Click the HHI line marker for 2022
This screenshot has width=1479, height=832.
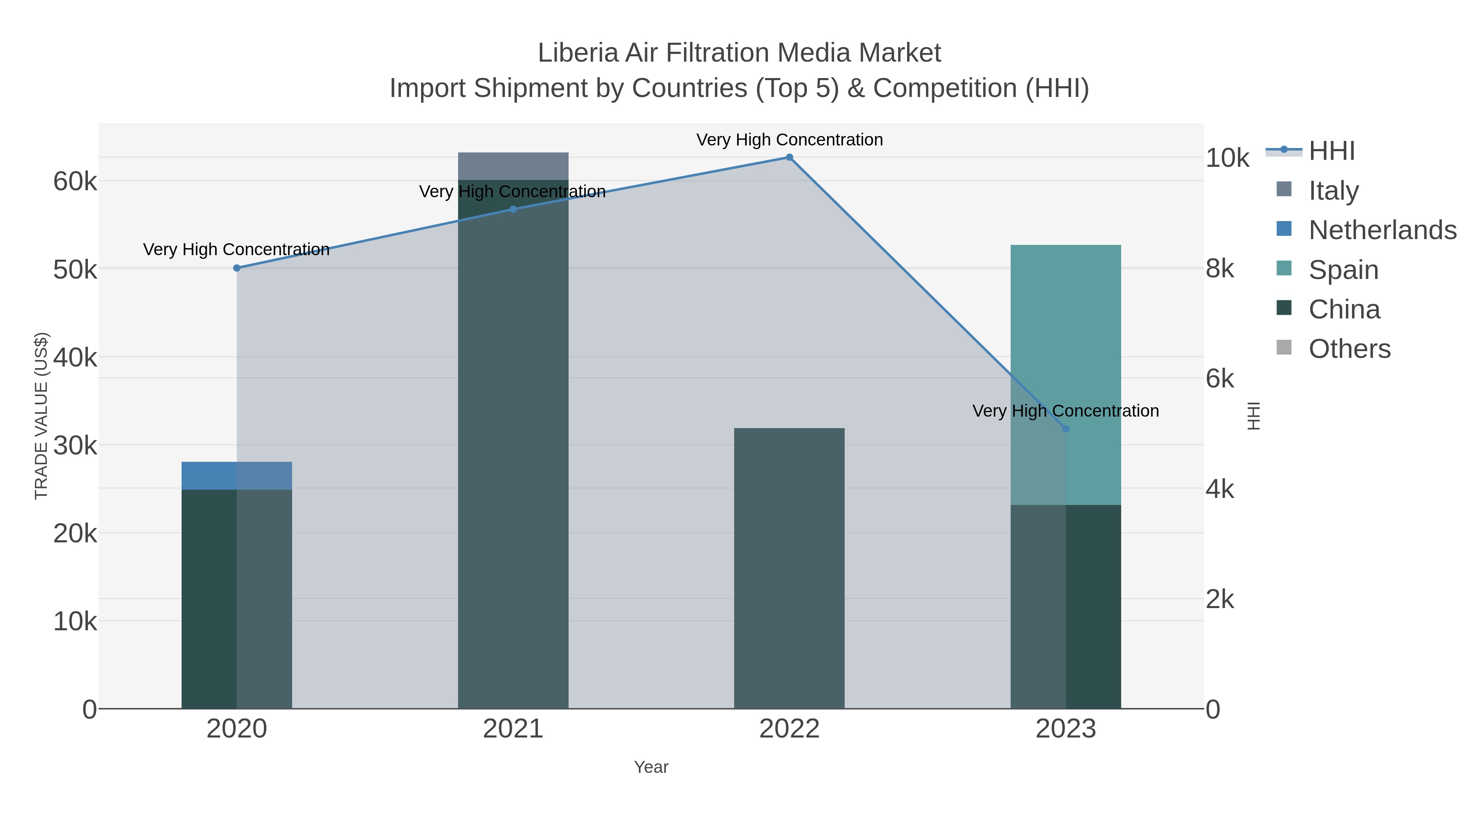point(790,157)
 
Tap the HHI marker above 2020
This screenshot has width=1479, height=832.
point(237,268)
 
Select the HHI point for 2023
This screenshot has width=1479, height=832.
point(1066,429)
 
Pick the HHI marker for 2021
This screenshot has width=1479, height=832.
point(513,210)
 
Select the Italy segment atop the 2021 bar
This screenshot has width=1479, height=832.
point(513,166)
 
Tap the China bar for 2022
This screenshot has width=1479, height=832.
point(790,569)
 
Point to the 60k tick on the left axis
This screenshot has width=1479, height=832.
point(75,182)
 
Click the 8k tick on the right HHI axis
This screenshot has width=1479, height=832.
point(1220,269)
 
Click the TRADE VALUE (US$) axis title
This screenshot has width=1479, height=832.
point(41,416)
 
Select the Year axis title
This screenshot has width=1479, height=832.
point(651,767)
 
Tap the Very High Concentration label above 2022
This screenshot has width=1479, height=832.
point(790,140)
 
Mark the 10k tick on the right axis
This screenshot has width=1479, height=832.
point(1227,159)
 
